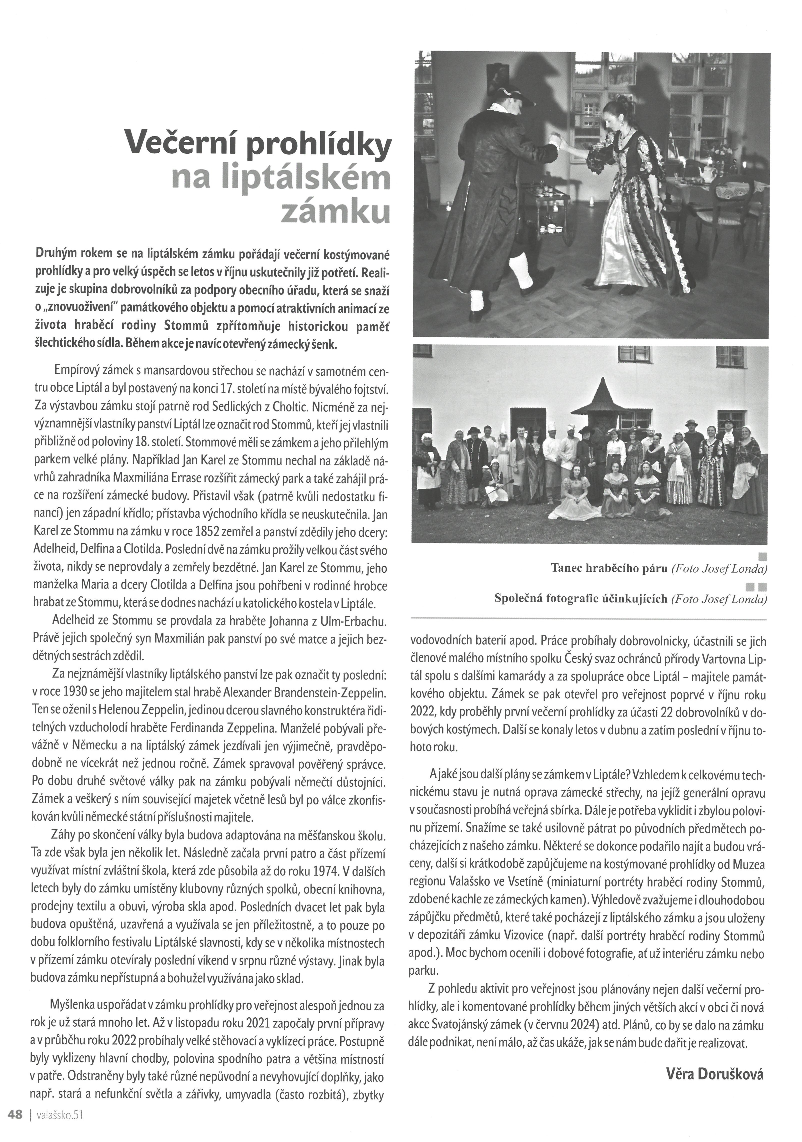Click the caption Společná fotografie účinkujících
click(580, 598)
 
